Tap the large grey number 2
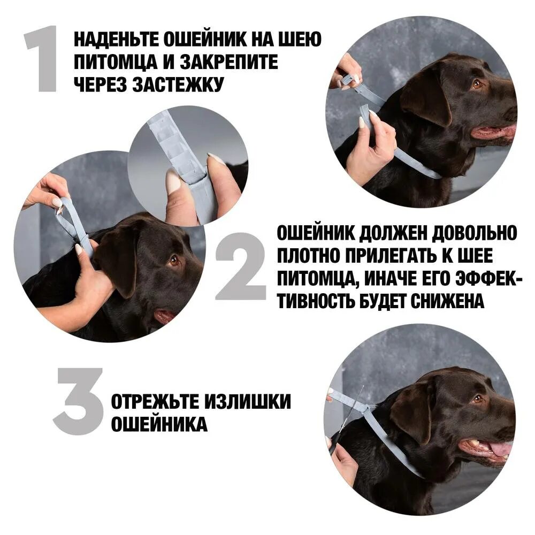241,266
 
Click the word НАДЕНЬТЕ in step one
116,40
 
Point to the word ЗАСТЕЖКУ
178,85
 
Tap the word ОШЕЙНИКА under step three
159,424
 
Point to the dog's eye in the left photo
174,261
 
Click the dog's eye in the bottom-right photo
478,398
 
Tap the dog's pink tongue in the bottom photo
501,449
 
